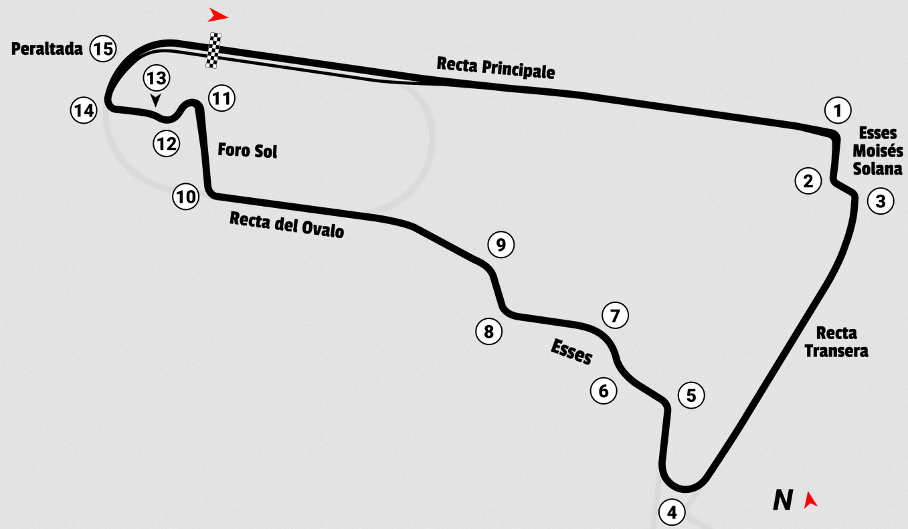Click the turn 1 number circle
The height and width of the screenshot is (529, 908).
tap(837, 110)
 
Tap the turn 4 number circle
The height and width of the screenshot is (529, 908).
tap(672, 512)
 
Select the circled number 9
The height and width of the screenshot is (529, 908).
tap(501, 244)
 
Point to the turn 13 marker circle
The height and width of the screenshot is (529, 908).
tap(156, 78)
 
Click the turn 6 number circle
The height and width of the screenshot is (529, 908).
tap(604, 390)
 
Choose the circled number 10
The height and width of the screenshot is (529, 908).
tap(186, 197)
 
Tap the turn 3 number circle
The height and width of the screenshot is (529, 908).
tap(880, 201)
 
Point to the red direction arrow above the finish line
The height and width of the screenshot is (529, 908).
tap(217, 15)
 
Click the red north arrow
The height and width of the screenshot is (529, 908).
tap(811, 500)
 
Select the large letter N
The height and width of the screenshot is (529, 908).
tap(783, 500)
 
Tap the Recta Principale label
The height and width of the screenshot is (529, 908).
tap(496, 68)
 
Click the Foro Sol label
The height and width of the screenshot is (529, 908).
tap(248, 150)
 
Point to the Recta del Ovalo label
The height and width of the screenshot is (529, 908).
tap(286, 225)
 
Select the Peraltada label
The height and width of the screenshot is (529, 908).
tap(47, 49)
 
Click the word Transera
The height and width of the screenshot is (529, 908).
tap(836, 351)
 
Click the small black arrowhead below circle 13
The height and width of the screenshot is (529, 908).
tap(156, 100)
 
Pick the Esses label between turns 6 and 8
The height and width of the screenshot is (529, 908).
tap(571, 352)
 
